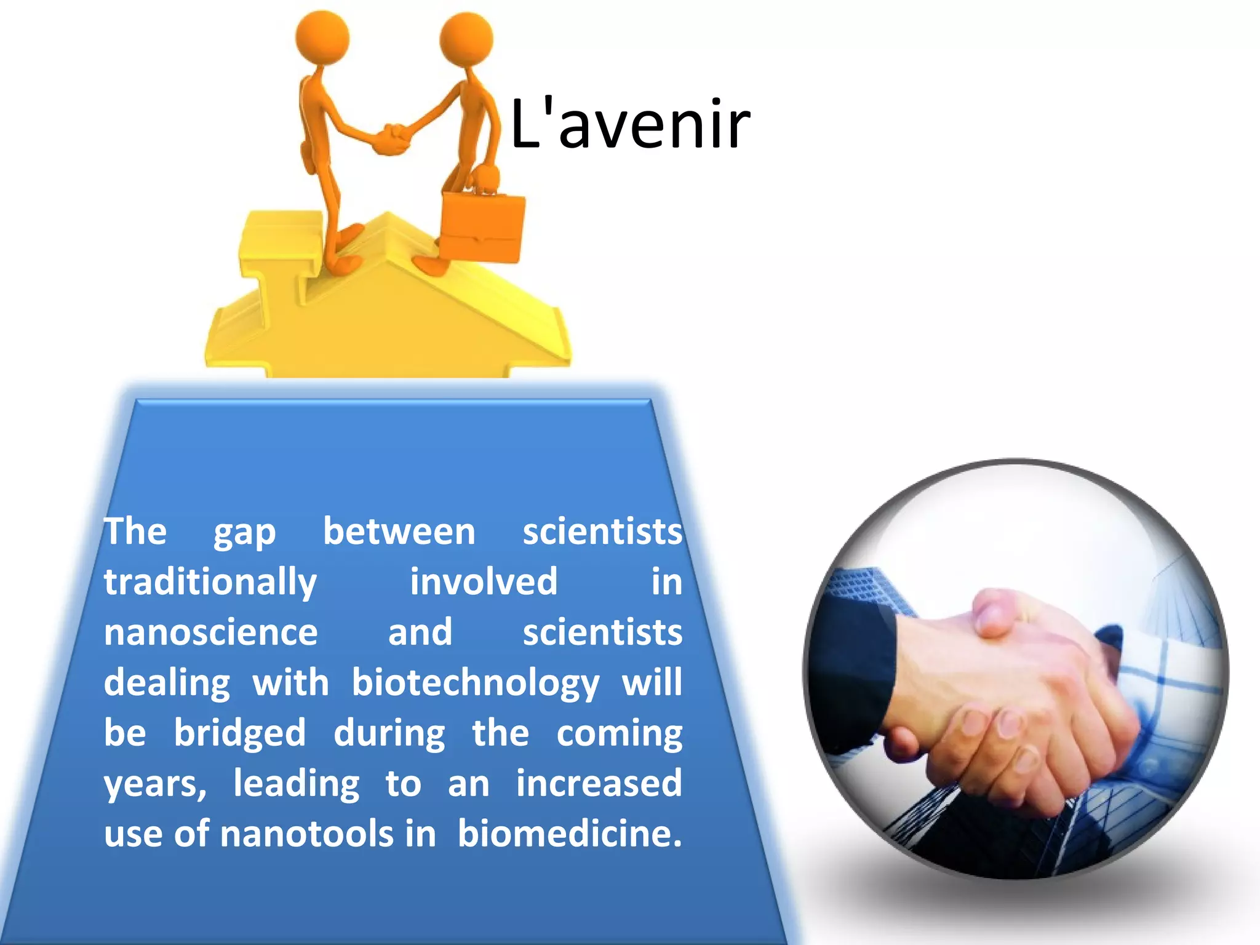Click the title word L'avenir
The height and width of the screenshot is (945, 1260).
630,125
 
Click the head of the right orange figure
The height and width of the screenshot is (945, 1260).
466,38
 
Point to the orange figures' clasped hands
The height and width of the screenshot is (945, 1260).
392,139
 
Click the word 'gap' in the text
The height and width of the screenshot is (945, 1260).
244,533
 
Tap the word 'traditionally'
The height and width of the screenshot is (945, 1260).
210,583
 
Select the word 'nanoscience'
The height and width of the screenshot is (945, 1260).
210,632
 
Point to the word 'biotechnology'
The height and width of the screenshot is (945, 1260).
476,684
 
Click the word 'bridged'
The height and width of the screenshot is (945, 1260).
239,733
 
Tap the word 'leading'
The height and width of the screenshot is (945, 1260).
297,784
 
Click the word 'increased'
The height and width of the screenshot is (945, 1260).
599,783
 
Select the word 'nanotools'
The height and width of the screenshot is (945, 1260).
307,834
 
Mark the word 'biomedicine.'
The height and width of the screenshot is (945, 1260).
570,834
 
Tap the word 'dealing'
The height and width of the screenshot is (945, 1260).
167,684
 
